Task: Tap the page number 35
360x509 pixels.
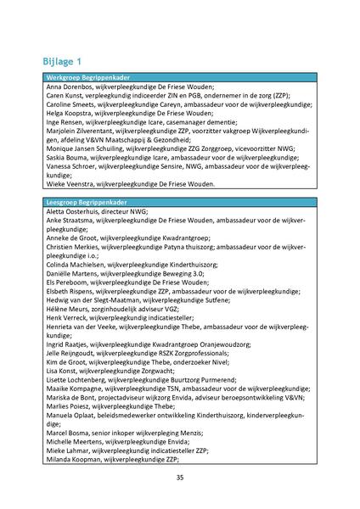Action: tap(179, 477)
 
